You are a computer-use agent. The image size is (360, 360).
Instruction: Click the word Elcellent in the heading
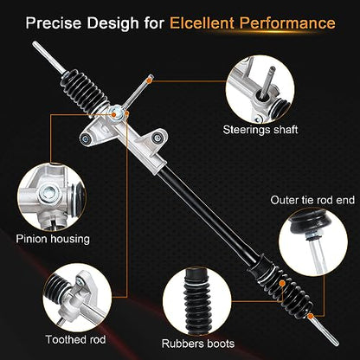click(202, 23)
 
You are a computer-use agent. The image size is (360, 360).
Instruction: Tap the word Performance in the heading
click(287, 23)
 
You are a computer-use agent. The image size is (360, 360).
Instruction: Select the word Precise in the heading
click(54, 23)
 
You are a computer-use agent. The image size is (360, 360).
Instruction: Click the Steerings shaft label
click(260, 130)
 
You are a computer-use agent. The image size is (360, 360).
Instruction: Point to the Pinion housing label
click(53, 239)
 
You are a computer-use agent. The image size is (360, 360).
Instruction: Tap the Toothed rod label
click(75, 339)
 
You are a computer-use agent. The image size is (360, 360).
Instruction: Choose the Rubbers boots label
click(198, 344)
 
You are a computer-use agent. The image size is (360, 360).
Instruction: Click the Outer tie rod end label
click(312, 200)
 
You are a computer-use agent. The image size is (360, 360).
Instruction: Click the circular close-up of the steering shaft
click(260, 90)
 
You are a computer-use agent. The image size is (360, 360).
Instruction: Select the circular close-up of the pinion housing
click(52, 197)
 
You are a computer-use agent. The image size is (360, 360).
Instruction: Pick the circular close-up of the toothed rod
click(77, 298)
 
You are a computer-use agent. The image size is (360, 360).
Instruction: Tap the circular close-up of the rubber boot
click(197, 301)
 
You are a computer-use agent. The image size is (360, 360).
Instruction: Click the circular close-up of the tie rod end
click(313, 242)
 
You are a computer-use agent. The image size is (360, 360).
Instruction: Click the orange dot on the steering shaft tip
click(149, 81)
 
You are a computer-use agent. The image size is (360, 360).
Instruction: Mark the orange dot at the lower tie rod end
click(311, 317)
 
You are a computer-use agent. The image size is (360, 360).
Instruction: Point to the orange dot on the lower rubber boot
click(283, 284)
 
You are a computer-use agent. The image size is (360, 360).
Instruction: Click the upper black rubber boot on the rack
click(86, 90)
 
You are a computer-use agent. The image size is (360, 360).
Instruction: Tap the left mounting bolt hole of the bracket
click(86, 138)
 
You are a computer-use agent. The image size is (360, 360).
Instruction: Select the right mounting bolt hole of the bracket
click(157, 138)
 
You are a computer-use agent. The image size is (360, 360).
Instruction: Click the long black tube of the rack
click(209, 215)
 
